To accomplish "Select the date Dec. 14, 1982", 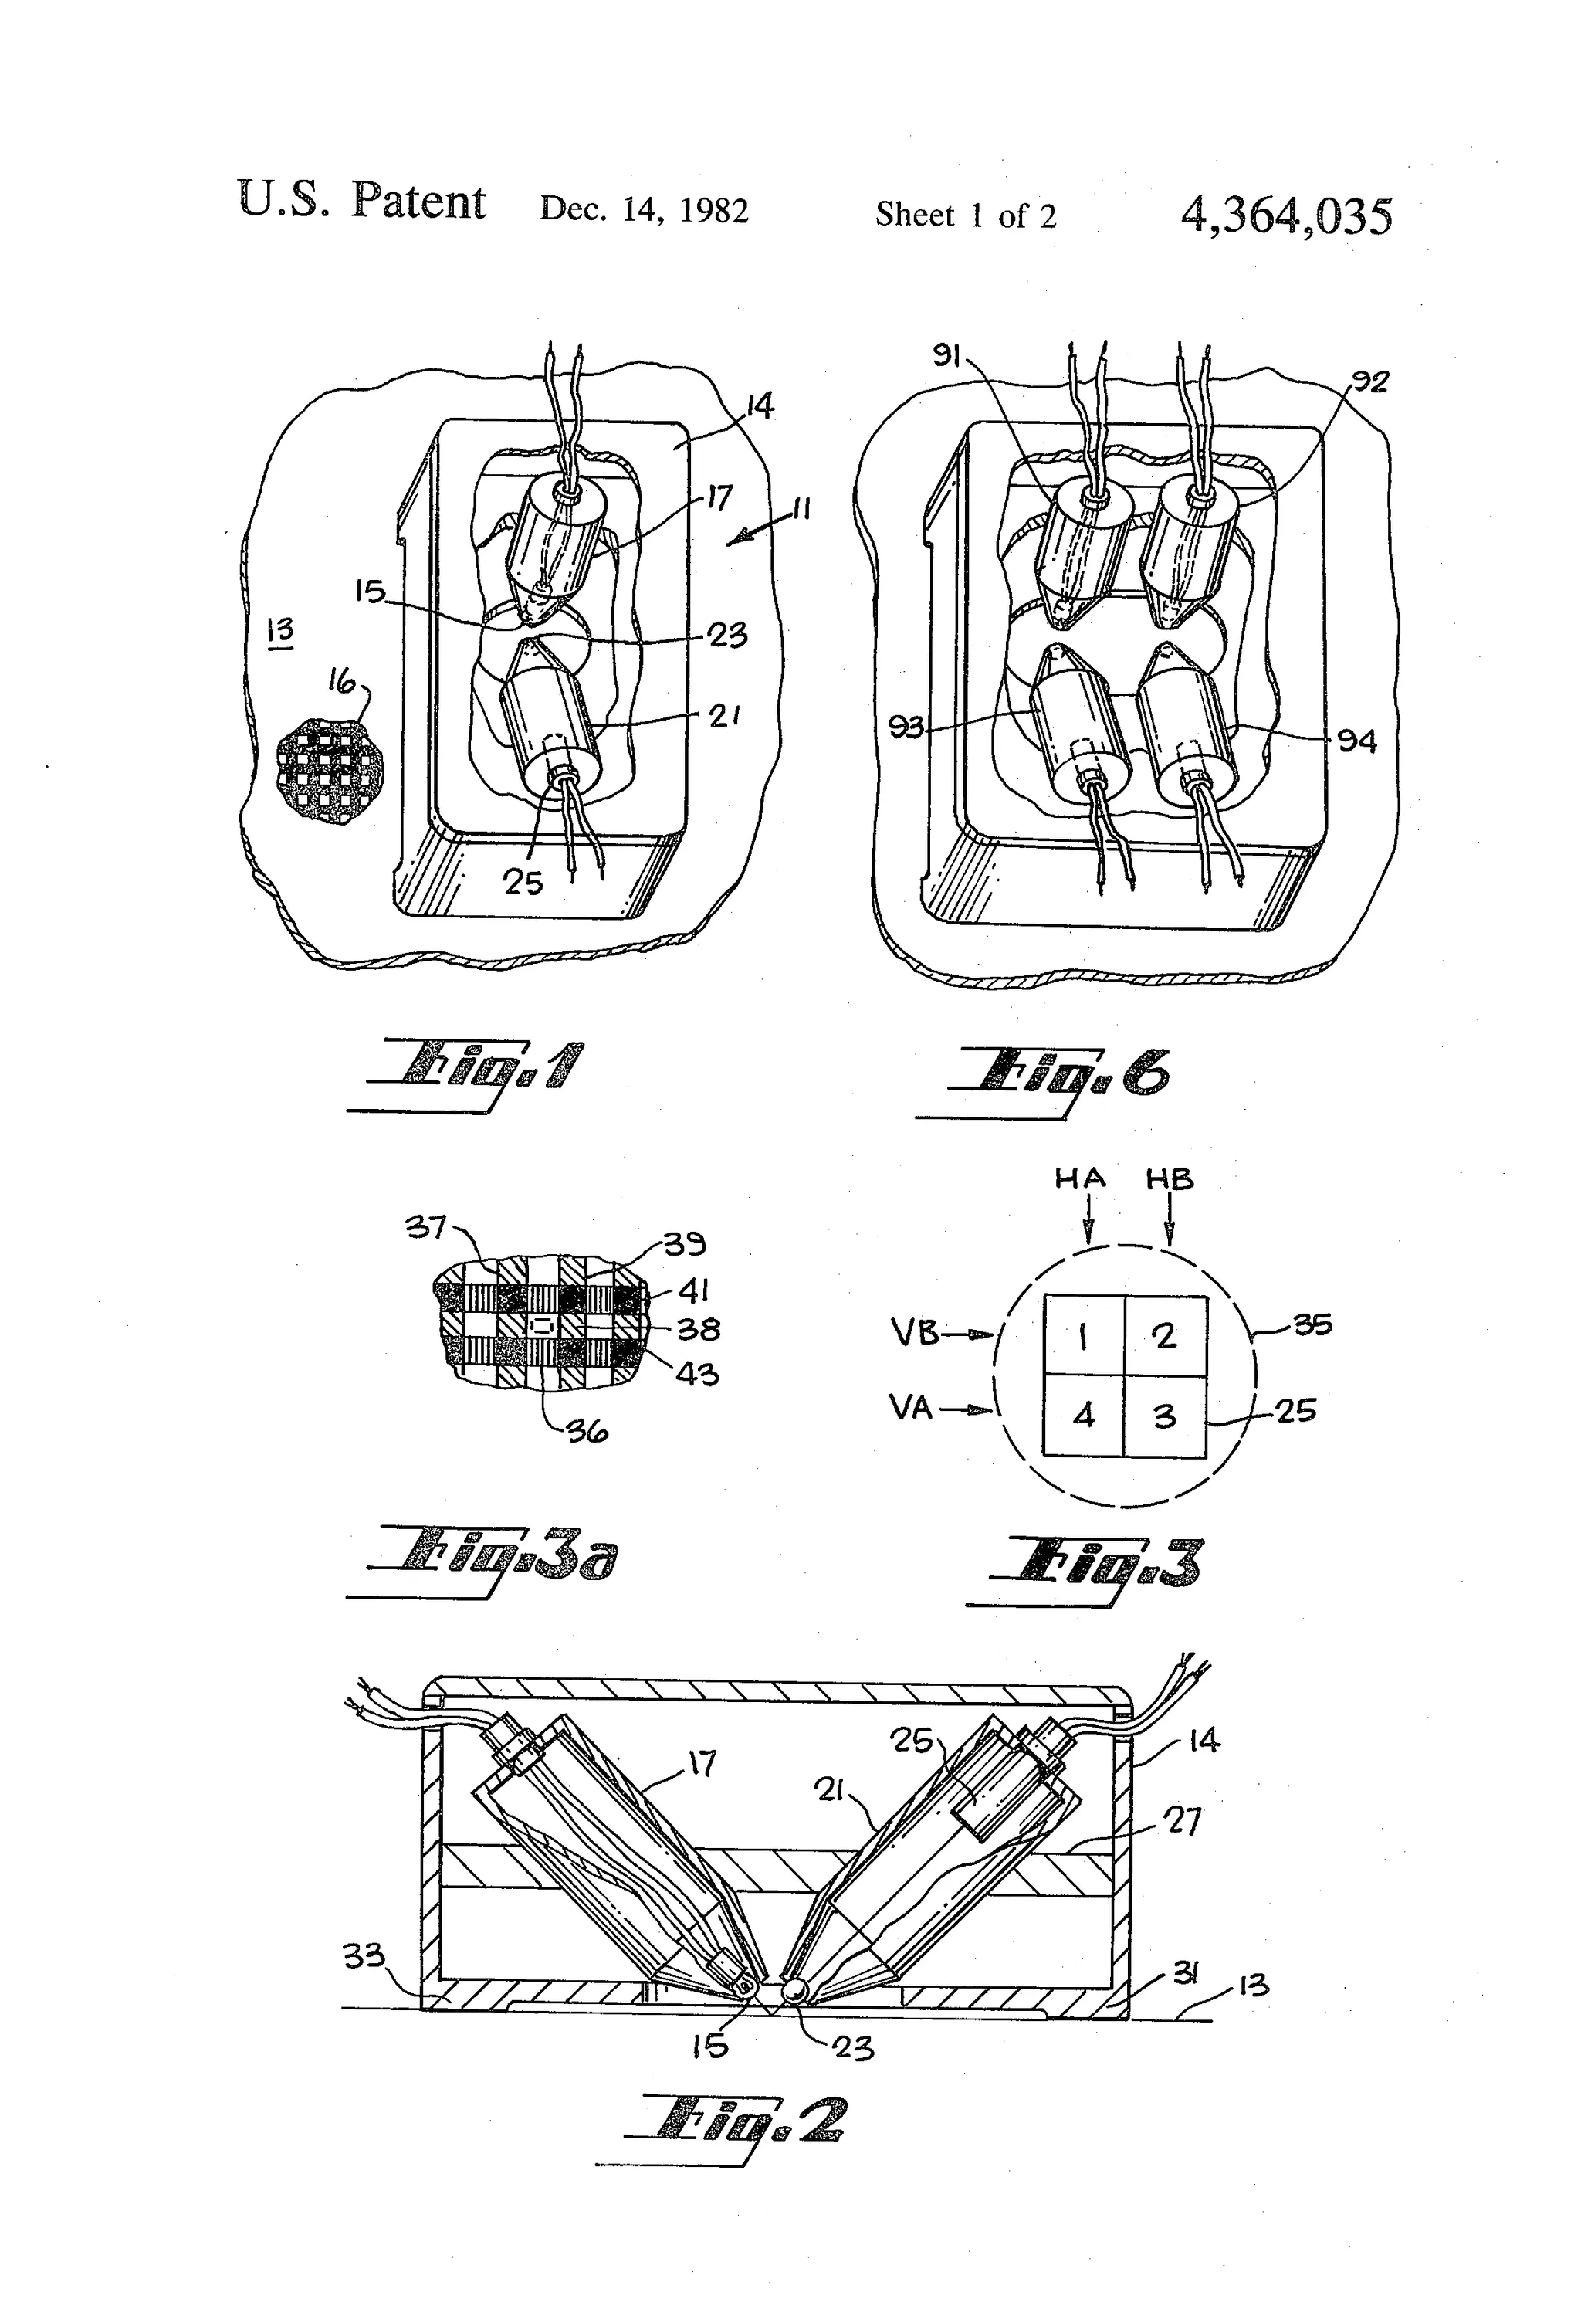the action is (644, 210).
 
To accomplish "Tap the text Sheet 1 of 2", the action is (966, 215).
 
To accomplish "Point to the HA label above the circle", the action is (1079, 1179).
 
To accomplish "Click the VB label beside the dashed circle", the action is (915, 1332).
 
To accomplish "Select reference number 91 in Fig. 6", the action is (946, 354).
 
